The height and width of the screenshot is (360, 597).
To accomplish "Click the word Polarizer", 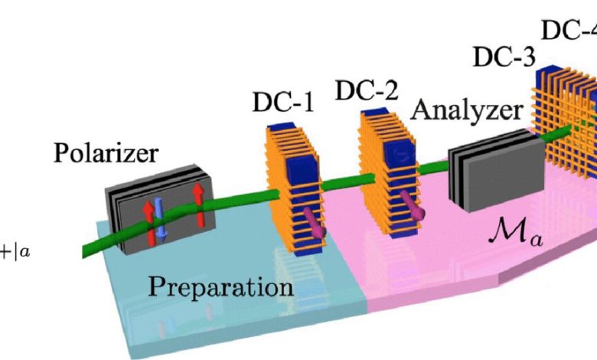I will coord(106,154).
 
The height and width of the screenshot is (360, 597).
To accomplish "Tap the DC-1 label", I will coord(282,102).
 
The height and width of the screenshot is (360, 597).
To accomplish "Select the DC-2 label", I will coord(367,93).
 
